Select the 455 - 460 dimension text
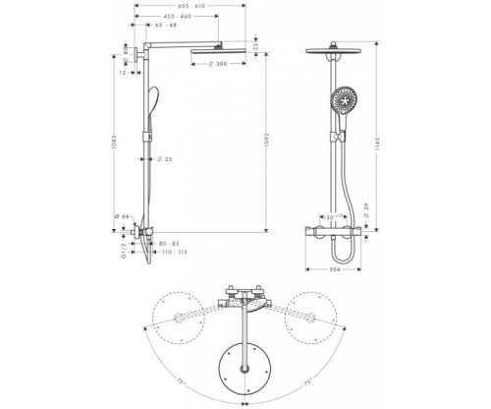coord(178,17)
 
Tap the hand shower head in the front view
coord(343,100)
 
